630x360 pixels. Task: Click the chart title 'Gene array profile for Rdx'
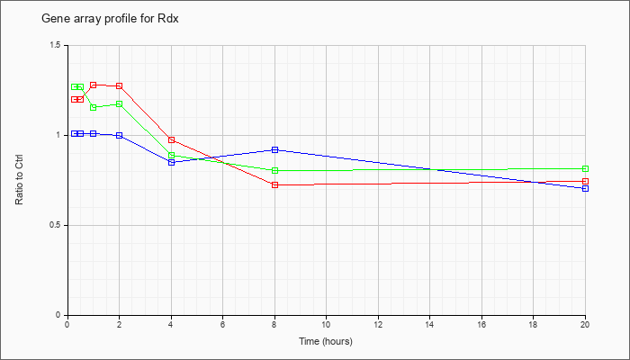click(x=110, y=19)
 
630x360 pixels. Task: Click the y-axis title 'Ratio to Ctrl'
click(x=19, y=180)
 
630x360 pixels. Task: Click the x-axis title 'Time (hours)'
click(x=326, y=341)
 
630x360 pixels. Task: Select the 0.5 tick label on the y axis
click(x=58, y=225)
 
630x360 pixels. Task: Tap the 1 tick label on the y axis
click(x=60, y=135)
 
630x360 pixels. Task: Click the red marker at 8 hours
click(x=274, y=184)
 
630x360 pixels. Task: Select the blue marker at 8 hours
click(x=274, y=150)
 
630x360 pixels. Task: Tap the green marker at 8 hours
click(x=274, y=170)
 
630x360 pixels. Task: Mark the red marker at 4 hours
click(x=172, y=139)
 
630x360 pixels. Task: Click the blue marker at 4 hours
click(x=172, y=162)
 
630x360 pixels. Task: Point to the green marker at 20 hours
click(x=585, y=169)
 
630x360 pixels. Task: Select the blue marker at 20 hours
click(x=585, y=188)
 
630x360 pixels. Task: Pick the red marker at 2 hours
click(x=120, y=86)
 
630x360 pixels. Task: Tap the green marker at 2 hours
click(x=120, y=104)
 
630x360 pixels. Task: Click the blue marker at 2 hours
click(x=120, y=135)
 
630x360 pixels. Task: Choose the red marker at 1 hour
click(x=94, y=85)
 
